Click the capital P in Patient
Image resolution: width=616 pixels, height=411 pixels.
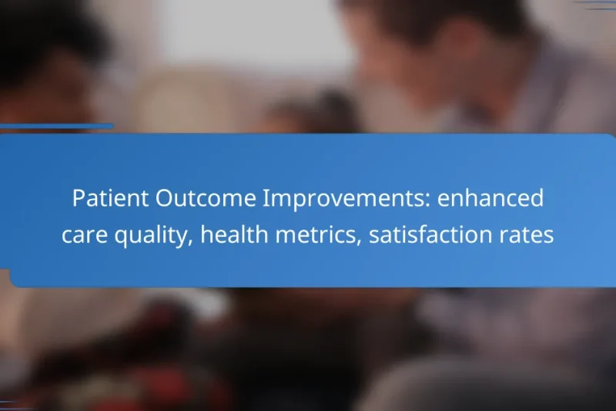(x=78, y=199)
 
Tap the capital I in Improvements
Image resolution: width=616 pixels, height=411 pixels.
(x=266, y=199)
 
